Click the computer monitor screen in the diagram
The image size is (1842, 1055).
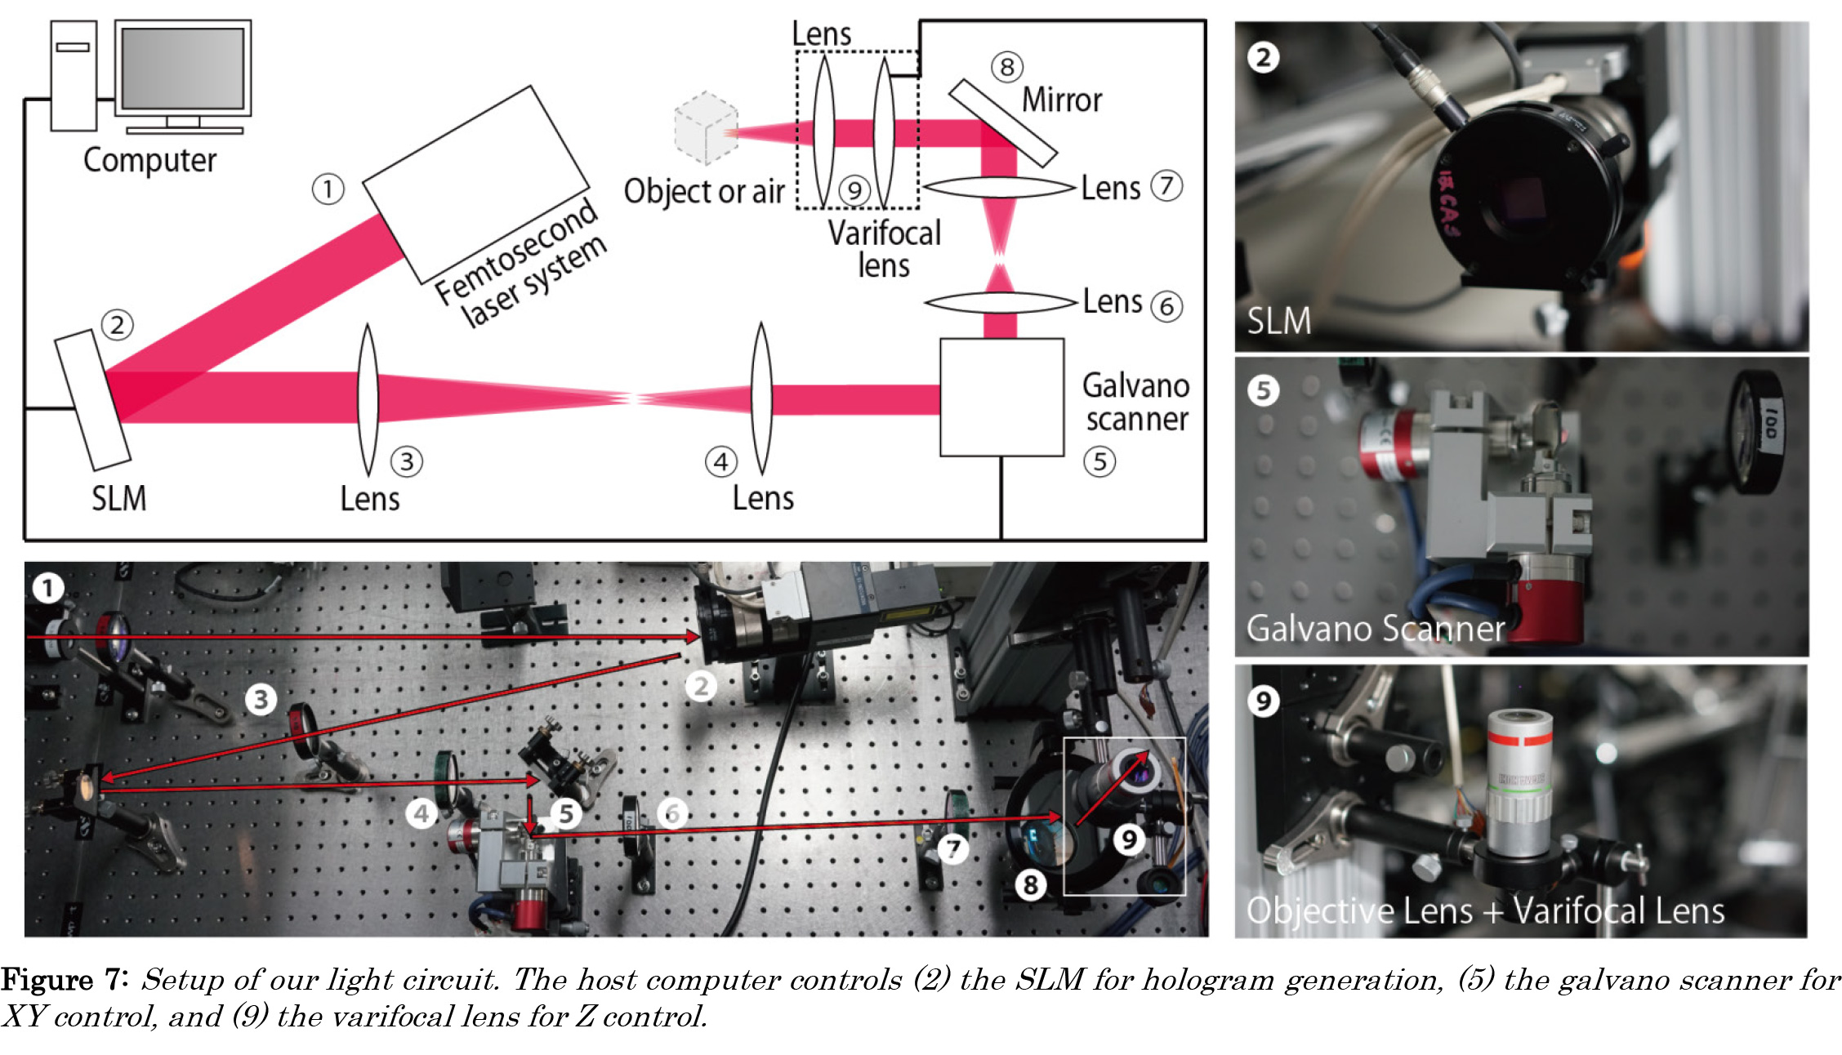click(183, 68)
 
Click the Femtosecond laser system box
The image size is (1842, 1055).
click(475, 184)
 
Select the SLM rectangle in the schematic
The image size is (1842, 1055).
click(92, 400)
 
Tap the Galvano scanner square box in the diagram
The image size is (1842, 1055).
click(1001, 398)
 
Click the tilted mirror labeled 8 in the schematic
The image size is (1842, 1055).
click(1003, 122)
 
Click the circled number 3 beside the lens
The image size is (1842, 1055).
click(406, 462)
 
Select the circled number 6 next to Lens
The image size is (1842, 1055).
click(1166, 307)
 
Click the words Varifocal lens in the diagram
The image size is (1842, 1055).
click(884, 249)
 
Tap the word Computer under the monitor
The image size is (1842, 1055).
click(149, 161)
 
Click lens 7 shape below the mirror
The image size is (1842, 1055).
click(998, 188)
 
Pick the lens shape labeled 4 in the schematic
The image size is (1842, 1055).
click(761, 398)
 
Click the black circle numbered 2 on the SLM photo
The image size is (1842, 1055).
click(1263, 57)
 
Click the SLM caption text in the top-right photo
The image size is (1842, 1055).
click(1278, 321)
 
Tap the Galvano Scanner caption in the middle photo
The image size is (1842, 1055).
click(1375, 629)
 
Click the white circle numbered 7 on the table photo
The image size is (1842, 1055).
click(952, 848)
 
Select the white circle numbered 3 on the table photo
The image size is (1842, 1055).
click(261, 699)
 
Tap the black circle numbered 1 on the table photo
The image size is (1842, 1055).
click(47, 587)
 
